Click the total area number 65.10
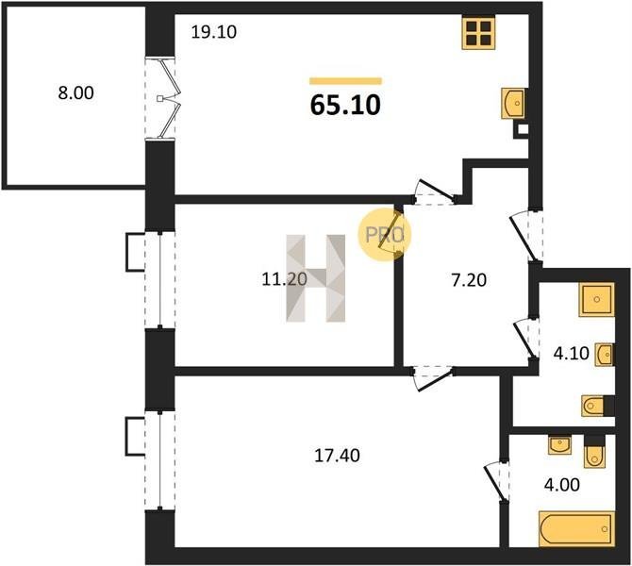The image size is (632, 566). pyautogui.click(x=345, y=105)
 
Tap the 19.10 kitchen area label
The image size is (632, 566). pyautogui.click(x=213, y=32)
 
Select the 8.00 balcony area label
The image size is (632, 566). pyautogui.click(x=75, y=92)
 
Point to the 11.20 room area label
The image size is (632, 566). pyautogui.click(x=284, y=279)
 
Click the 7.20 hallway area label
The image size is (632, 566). pyautogui.click(x=469, y=280)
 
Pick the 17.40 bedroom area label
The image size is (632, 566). pyautogui.click(x=337, y=456)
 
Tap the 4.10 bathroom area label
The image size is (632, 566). pyautogui.click(x=571, y=353)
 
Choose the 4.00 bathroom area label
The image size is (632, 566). pyautogui.click(x=562, y=484)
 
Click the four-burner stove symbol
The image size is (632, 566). pyautogui.click(x=478, y=33)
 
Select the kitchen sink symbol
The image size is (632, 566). pyautogui.click(x=513, y=104)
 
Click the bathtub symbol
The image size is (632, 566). pyautogui.click(x=576, y=529)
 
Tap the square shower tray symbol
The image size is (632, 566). pyautogui.click(x=597, y=299)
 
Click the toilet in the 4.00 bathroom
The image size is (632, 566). pyautogui.click(x=594, y=452)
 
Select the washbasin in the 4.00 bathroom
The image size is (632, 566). pyautogui.click(x=559, y=444)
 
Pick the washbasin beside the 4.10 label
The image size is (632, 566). pyautogui.click(x=605, y=355)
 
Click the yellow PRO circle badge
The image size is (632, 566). pyautogui.click(x=385, y=235)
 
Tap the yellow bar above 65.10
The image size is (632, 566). pyautogui.click(x=345, y=81)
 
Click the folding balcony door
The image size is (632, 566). pyautogui.click(x=167, y=99)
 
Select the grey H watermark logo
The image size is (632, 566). pyautogui.click(x=316, y=278)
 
